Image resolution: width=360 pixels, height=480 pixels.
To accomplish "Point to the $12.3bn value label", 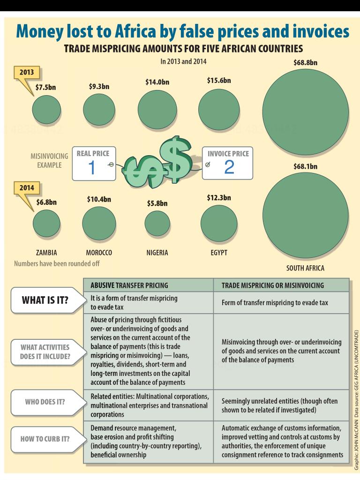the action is [219, 197].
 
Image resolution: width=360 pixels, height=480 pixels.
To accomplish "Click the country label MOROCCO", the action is [99, 253].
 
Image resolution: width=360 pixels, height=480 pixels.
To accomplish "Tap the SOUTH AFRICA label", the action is [305, 269].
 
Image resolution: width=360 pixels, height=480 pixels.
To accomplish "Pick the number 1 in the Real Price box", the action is [92, 167].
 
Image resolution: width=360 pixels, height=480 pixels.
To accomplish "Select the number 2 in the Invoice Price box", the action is [229, 167].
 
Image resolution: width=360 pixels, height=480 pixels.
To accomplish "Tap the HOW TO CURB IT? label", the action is [45, 439].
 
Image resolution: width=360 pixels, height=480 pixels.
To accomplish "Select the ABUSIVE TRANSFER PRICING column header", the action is [129, 285].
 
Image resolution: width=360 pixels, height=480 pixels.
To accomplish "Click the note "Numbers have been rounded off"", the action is [57, 263].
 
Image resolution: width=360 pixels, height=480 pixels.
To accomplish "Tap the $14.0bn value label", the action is [157, 82].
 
